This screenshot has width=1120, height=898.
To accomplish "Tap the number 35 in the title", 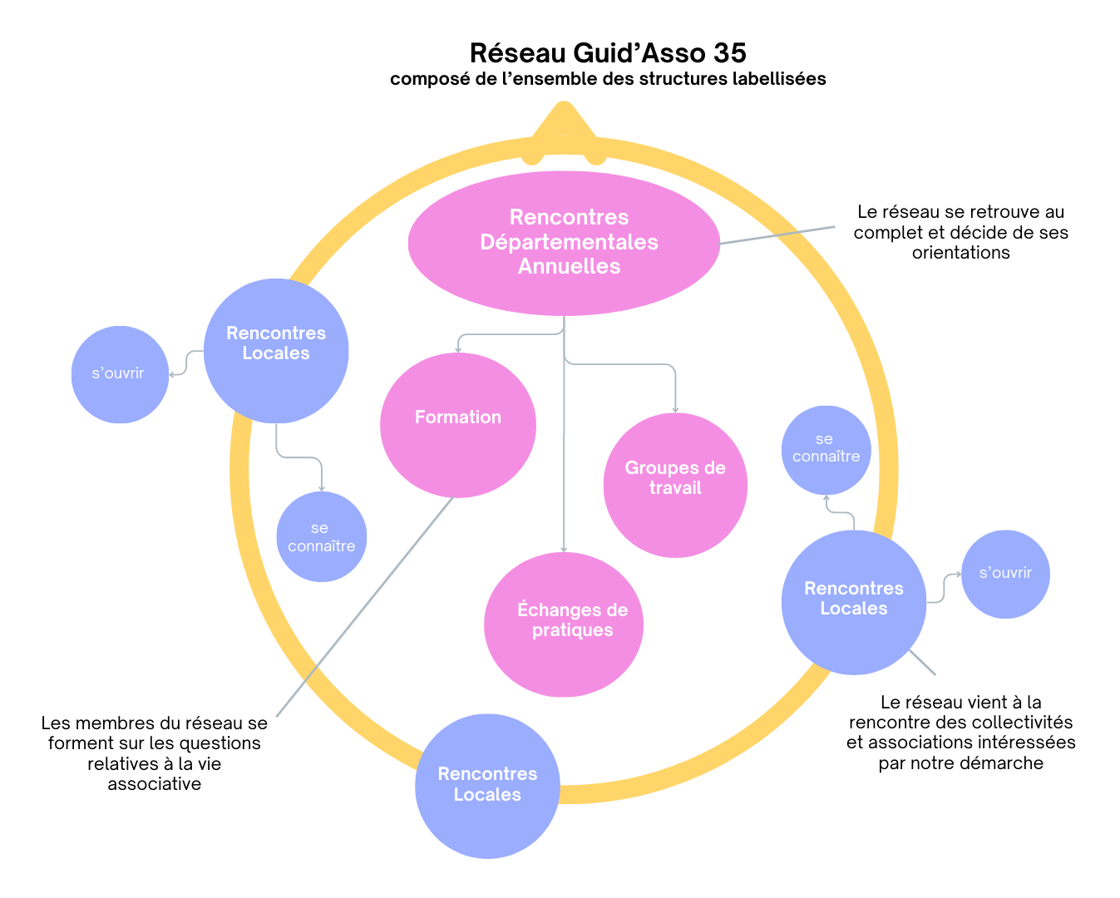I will [x=729, y=53].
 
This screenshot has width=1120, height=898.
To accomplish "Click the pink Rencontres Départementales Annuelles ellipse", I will [x=564, y=243].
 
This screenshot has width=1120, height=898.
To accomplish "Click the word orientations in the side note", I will [x=960, y=253].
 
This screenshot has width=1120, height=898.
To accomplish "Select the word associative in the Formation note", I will [x=155, y=784].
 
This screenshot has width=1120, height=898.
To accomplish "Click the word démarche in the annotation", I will [x=1004, y=763].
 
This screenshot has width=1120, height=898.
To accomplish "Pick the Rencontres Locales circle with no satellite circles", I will [x=487, y=786].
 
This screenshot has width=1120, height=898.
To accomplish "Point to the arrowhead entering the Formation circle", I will [x=458, y=350].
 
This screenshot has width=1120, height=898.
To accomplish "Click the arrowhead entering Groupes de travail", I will [x=675, y=409].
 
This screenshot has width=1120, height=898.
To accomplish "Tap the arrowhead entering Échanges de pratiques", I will [x=564, y=549].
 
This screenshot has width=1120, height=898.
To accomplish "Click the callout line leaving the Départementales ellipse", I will [x=777, y=234].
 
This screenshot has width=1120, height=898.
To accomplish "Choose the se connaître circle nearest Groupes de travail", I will [x=826, y=450].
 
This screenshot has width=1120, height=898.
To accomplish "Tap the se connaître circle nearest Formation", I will [x=321, y=537].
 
